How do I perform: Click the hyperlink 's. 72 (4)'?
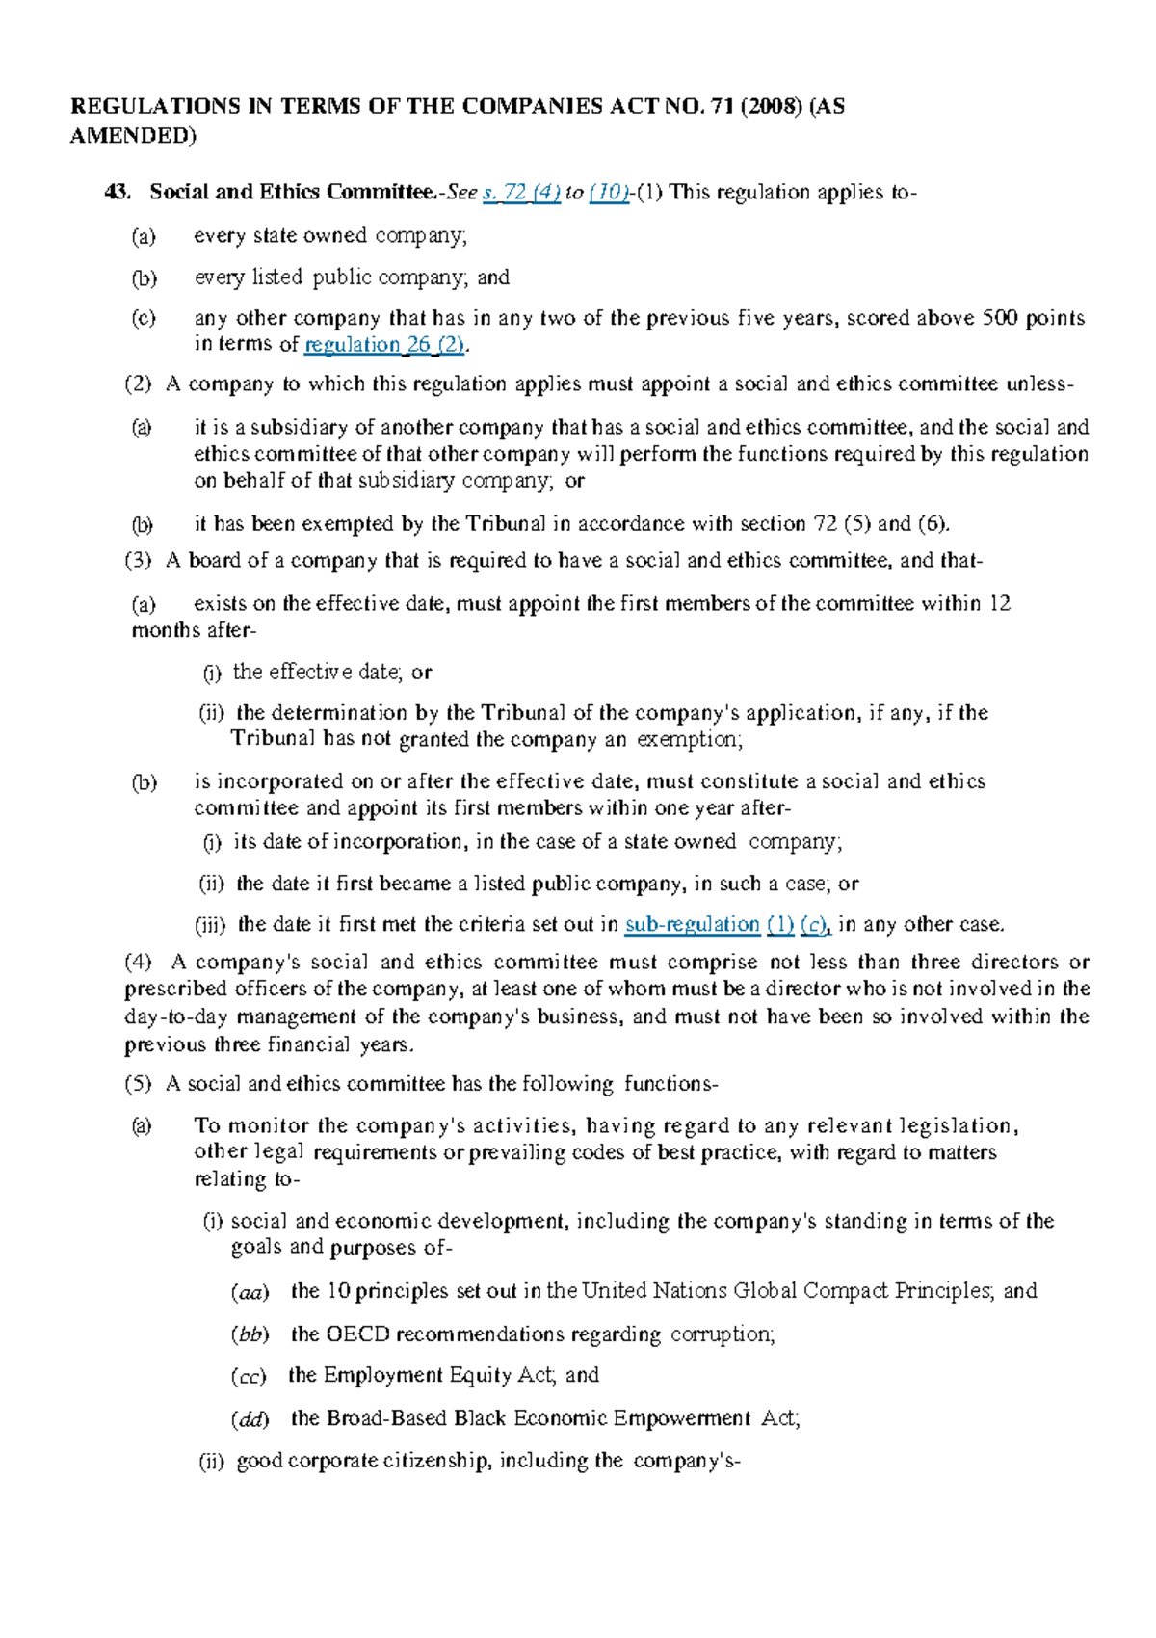point(521,193)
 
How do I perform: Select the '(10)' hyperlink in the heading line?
point(608,193)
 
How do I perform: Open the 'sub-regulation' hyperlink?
point(692,925)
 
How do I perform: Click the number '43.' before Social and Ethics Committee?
point(118,193)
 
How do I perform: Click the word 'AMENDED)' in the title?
point(133,136)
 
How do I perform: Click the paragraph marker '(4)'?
point(138,963)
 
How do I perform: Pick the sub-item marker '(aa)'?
point(250,1292)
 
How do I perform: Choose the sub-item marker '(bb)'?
point(250,1335)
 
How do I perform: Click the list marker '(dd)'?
point(250,1419)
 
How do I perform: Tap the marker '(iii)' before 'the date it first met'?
point(210,925)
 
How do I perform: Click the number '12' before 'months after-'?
point(1000,604)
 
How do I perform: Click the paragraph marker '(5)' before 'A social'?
point(138,1084)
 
